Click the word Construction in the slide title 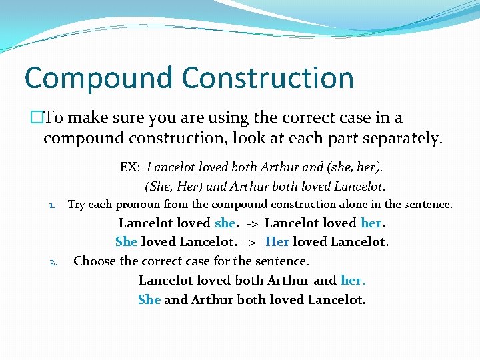[x=268, y=78]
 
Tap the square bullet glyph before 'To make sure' [x=37, y=118]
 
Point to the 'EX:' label [x=130, y=167]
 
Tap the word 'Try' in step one [x=77, y=205]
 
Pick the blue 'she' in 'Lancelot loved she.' [x=225, y=223]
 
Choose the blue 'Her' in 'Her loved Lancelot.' [x=277, y=242]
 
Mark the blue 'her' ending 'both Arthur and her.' [x=352, y=281]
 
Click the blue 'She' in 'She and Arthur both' [x=149, y=299]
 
